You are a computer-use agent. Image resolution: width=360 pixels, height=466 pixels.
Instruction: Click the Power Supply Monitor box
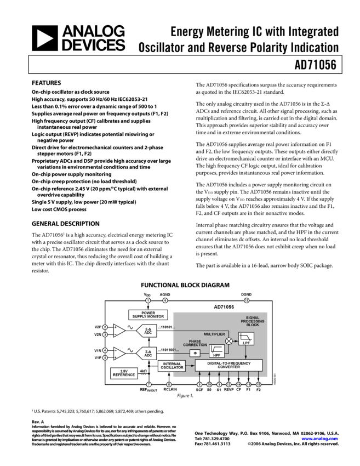click(x=148, y=315)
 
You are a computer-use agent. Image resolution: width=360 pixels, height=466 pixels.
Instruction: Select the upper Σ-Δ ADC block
click(x=147, y=331)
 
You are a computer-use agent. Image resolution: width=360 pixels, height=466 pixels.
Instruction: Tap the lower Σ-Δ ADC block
click(x=147, y=353)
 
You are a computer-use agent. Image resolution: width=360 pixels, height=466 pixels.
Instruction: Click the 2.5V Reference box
click(x=124, y=373)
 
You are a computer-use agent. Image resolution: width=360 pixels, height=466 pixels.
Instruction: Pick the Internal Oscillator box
click(x=172, y=366)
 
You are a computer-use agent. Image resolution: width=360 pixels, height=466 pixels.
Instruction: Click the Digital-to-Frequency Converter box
click(x=228, y=365)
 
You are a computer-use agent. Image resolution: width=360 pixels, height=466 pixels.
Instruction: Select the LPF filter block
click(x=246, y=339)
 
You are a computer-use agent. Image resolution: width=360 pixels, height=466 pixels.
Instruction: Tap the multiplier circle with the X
click(x=229, y=341)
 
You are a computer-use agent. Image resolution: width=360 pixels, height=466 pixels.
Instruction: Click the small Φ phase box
click(x=195, y=354)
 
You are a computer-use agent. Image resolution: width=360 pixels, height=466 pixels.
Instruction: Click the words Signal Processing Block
click(x=253, y=321)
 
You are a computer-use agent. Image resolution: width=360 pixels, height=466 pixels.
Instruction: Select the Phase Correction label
click(x=195, y=343)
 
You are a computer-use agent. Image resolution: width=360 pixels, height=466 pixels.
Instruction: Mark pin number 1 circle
click(x=148, y=300)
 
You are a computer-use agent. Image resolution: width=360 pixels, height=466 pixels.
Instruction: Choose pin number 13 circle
click(x=247, y=300)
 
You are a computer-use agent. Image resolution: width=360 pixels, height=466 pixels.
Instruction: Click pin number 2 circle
click(x=105, y=327)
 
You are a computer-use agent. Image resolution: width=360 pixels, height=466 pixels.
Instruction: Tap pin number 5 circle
click(x=105, y=357)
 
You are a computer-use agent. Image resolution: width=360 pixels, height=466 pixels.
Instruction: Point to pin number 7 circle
click(x=148, y=385)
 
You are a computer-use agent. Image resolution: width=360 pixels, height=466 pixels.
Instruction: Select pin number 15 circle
click(x=258, y=385)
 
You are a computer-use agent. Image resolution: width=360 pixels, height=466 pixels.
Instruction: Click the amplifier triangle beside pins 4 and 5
click(x=118, y=354)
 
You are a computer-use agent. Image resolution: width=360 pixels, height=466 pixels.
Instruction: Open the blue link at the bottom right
click(x=319, y=439)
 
